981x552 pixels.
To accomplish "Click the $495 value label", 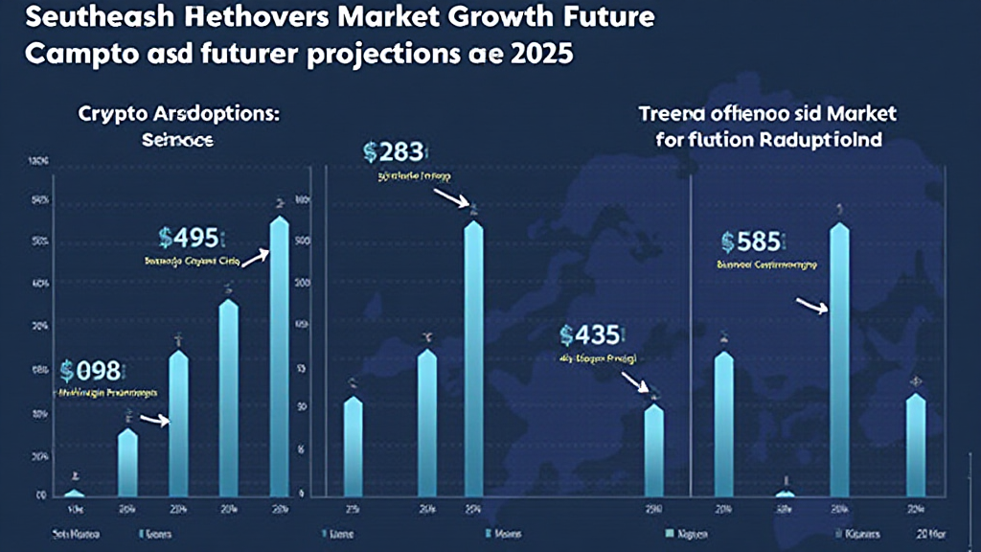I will [192, 237].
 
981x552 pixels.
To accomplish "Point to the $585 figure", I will [752, 240].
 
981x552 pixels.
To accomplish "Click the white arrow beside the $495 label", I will [255, 256].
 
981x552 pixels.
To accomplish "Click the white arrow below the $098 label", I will [154, 419].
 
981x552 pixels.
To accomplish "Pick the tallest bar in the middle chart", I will [473, 358].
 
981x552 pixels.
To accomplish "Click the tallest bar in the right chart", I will [839, 360].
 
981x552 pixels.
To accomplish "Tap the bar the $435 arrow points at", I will [653, 448].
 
